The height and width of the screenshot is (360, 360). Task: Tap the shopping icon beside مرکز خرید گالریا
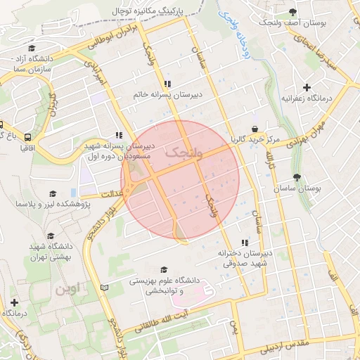(254, 130)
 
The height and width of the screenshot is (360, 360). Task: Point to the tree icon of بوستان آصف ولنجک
(292, 12)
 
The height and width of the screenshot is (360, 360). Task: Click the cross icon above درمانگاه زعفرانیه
(287, 88)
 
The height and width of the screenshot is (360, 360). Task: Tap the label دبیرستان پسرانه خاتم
(168, 94)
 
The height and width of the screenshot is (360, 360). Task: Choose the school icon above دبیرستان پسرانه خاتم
(167, 83)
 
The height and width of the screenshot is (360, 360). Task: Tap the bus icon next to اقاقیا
(27, 137)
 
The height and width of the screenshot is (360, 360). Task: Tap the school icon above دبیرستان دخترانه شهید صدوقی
(245, 242)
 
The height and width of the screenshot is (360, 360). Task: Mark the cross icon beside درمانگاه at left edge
(14, 302)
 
